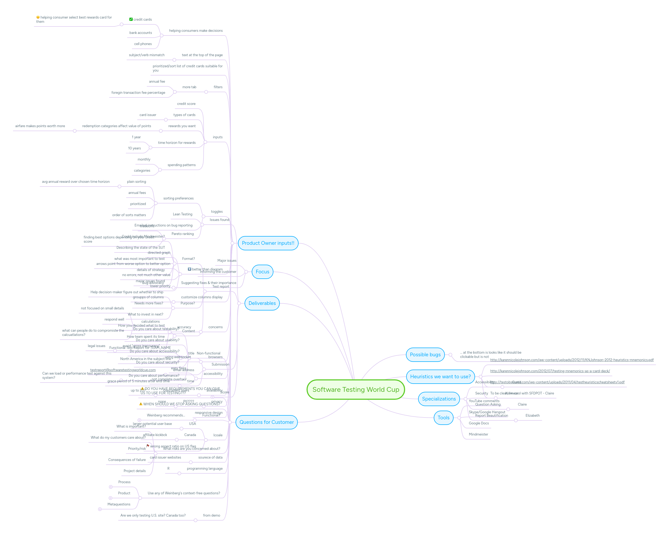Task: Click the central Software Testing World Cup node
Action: point(355,389)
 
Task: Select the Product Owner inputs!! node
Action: point(268,243)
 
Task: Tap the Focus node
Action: point(262,272)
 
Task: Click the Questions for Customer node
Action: point(266,422)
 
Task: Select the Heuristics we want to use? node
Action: point(440,376)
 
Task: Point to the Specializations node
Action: point(438,399)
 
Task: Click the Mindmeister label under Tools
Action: point(478,434)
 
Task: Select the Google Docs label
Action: point(479,423)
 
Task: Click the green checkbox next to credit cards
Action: point(131,19)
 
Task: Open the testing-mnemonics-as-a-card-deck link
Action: point(550,371)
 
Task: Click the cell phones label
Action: point(143,44)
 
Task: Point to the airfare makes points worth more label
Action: point(40,126)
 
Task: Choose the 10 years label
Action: point(134,148)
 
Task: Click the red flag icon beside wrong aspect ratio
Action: point(148,446)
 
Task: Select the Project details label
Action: point(134,471)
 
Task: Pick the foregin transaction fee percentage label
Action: point(138,92)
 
